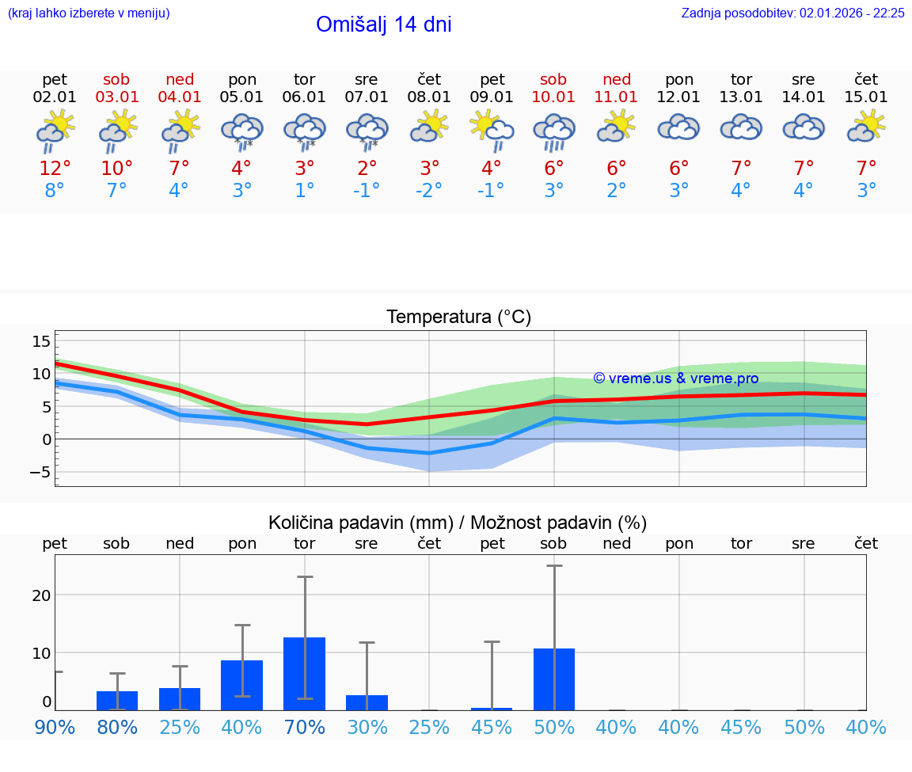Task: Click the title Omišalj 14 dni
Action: [x=383, y=25]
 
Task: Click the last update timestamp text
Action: [x=792, y=13]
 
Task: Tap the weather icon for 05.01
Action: [x=242, y=131]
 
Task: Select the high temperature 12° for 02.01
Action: [x=55, y=168]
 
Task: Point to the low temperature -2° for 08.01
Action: [x=429, y=190]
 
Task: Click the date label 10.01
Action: [x=553, y=97]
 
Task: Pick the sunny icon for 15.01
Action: [x=866, y=126]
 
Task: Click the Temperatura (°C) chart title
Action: [x=458, y=318]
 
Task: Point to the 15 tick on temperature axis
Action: [x=41, y=341]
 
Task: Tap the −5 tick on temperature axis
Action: [x=40, y=472]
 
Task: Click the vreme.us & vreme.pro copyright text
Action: [x=676, y=378]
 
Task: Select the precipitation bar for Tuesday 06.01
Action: [x=305, y=673]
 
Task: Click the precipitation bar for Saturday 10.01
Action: [x=554, y=679]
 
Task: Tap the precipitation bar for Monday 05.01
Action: [x=242, y=685]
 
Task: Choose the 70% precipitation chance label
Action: [x=305, y=727]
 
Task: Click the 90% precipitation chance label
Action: [x=55, y=727]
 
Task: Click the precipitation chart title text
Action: [x=458, y=523]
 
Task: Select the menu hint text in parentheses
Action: [x=89, y=13]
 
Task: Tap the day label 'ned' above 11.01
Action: [x=617, y=79]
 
